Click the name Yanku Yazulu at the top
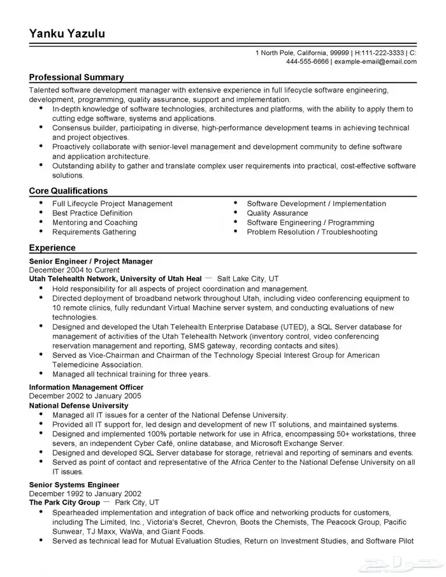click(x=67, y=32)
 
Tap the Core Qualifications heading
click(x=68, y=190)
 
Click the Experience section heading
click(x=52, y=248)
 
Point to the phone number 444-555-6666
click(x=307, y=62)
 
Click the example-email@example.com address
click(x=376, y=62)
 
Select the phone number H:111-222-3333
click(x=380, y=52)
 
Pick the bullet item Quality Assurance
click(x=277, y=213)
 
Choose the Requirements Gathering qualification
click(x=94, y=232)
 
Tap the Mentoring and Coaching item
click(x=95, y=223)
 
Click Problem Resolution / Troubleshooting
click(x=312, y=232)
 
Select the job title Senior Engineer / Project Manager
click(x=91, y=261)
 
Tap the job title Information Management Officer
click(x=87, y=387)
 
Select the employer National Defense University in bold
click(x=74, y=405)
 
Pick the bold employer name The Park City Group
click(x=65, y=502)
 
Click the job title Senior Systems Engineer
click(x=70, y=485)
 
